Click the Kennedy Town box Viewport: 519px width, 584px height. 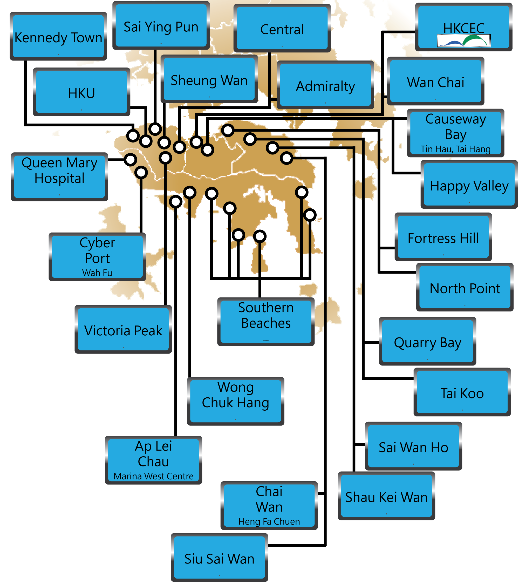click(58, 37)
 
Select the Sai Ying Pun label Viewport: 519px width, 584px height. click(161, 26)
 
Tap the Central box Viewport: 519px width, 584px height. click(282, 29)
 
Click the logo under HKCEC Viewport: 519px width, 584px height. click(463, 40)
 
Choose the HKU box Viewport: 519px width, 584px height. click(81, 93)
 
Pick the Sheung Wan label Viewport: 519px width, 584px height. click(209, 80)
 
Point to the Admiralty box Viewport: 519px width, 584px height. click(325, 86)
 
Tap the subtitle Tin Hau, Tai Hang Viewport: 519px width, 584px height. click(455, 149)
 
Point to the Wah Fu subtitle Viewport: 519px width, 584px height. click(97, 273)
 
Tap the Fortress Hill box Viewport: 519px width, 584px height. click(443, 238)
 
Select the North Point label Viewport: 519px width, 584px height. click(465, 288)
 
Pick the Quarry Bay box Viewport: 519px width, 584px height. click(427, 342)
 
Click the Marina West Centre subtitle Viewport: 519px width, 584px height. click(153, 476)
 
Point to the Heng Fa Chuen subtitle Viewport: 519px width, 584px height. click(269, 521)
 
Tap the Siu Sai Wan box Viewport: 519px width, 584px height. click(219, 558)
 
